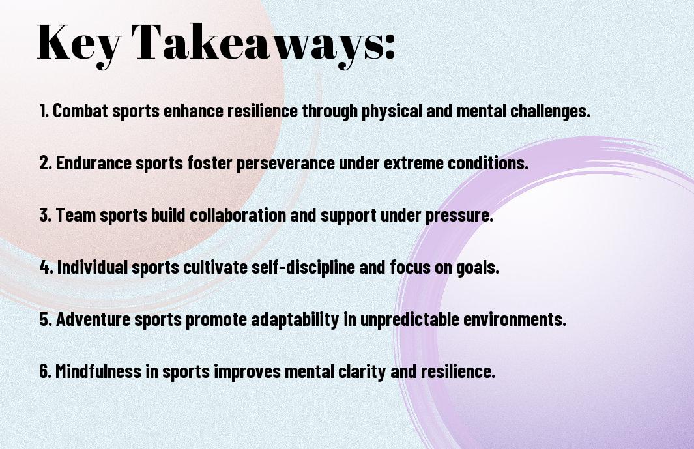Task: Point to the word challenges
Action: pos(550,111)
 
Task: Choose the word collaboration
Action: pos(238,215)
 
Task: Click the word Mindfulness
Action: pos(98,371)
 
